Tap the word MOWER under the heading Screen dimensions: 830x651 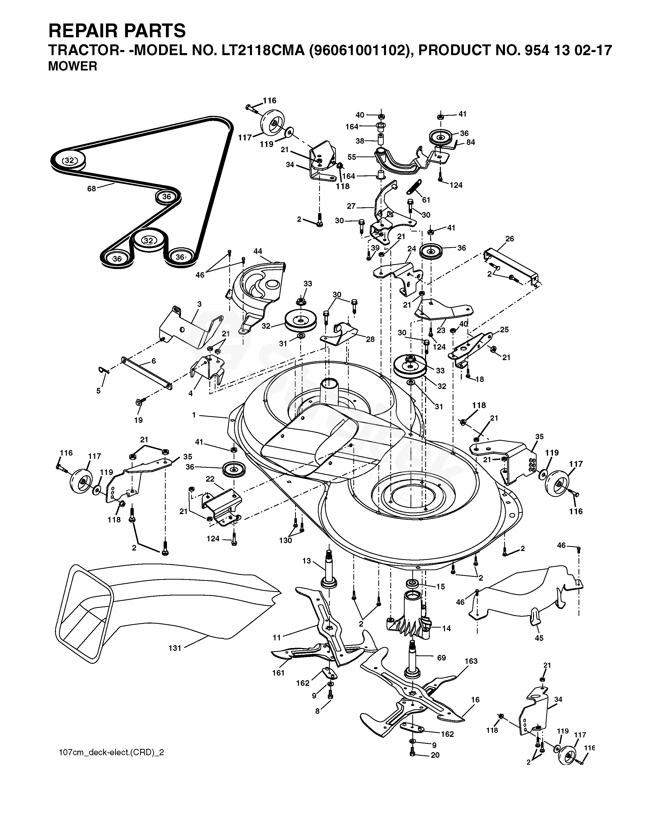click(73, 66)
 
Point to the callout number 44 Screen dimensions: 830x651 click(258, 251)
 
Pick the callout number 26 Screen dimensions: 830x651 click(510, 239)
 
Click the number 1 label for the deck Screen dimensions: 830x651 click(194, 415)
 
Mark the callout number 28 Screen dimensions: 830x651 click(370, 339)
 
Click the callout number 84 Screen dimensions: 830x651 click(471, 142)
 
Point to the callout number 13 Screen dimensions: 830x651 click(307, 561)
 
